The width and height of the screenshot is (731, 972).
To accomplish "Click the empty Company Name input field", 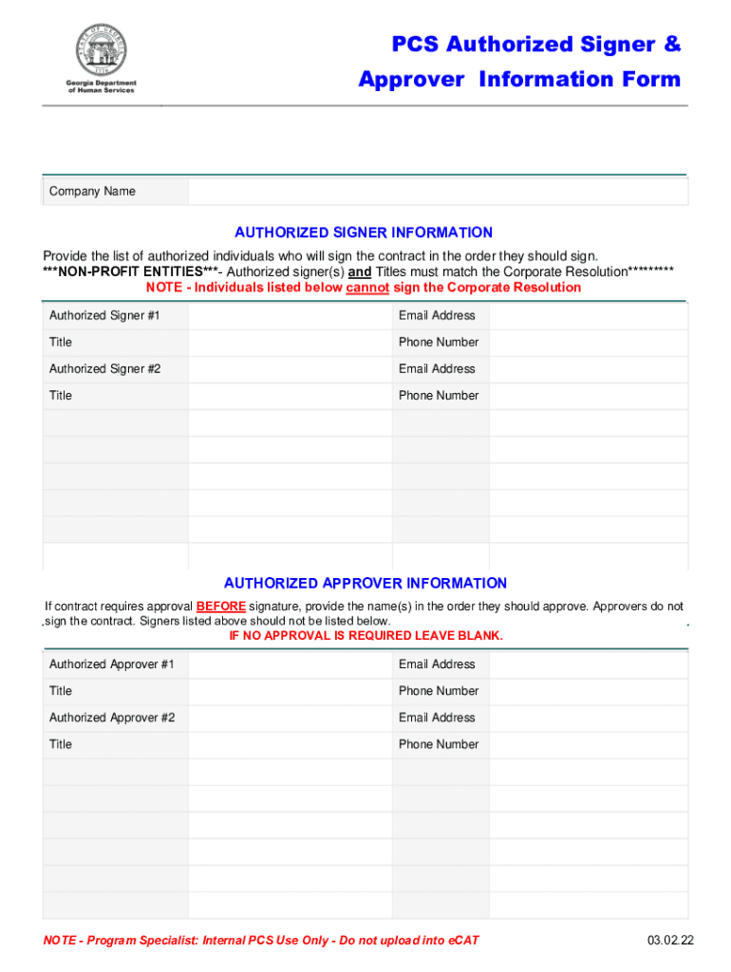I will click(437, 192).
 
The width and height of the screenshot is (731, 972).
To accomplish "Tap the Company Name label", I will click(92, 192).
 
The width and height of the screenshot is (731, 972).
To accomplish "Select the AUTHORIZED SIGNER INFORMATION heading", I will click(364, 233).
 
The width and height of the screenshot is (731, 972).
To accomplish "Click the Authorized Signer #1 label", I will click(104, 315).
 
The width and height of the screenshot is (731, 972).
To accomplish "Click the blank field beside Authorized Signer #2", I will click(290, 368).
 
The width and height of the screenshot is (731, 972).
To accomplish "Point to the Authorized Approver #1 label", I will click(111, 664).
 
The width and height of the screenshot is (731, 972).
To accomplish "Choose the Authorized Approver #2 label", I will click(112, 718).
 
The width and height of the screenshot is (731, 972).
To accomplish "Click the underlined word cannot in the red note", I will click(367, 288).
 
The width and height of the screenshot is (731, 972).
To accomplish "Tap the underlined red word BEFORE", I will click(221, 607).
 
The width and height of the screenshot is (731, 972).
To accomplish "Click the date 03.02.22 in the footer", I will click(671, 941).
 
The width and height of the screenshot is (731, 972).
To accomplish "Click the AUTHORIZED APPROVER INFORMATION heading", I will click(365, 583).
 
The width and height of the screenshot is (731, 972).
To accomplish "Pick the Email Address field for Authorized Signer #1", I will click(588, 315).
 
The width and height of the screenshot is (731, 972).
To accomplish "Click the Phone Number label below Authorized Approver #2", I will click(439, 744).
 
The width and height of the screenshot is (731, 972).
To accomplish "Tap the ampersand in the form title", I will click(672, 45).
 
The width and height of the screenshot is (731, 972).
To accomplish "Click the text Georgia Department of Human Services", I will click(101, 86).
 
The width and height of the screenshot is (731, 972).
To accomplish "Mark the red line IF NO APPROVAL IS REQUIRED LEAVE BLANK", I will click(365, 636).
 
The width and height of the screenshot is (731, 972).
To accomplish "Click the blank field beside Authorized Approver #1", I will click(290, 664).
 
